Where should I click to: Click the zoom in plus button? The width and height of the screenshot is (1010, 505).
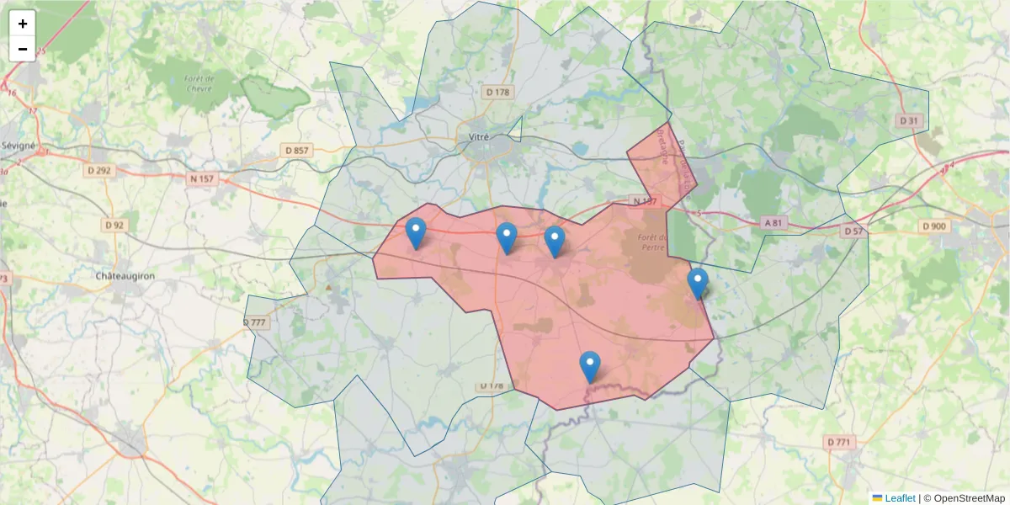coord(23,24)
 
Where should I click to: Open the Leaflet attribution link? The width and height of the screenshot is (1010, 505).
coord(899,498)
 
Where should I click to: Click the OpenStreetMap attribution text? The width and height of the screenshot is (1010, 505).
coord(965,498)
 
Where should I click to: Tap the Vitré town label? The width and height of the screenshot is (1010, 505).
coord(480,136)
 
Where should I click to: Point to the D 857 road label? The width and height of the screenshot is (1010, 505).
coord(298,151)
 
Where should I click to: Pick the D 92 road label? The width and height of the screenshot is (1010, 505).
coord(114,226)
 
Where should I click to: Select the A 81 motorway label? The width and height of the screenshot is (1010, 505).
coord(773,223)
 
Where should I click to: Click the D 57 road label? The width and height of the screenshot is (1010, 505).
coord(853,231)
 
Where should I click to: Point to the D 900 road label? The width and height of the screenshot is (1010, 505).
coord(934,226)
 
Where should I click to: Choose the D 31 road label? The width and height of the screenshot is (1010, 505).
coord(908,121)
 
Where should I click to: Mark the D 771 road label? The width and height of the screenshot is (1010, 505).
coord(839,442)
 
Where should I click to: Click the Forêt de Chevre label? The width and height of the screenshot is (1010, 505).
coord(199,82)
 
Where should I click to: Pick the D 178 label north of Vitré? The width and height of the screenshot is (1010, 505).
coord(498,92)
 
